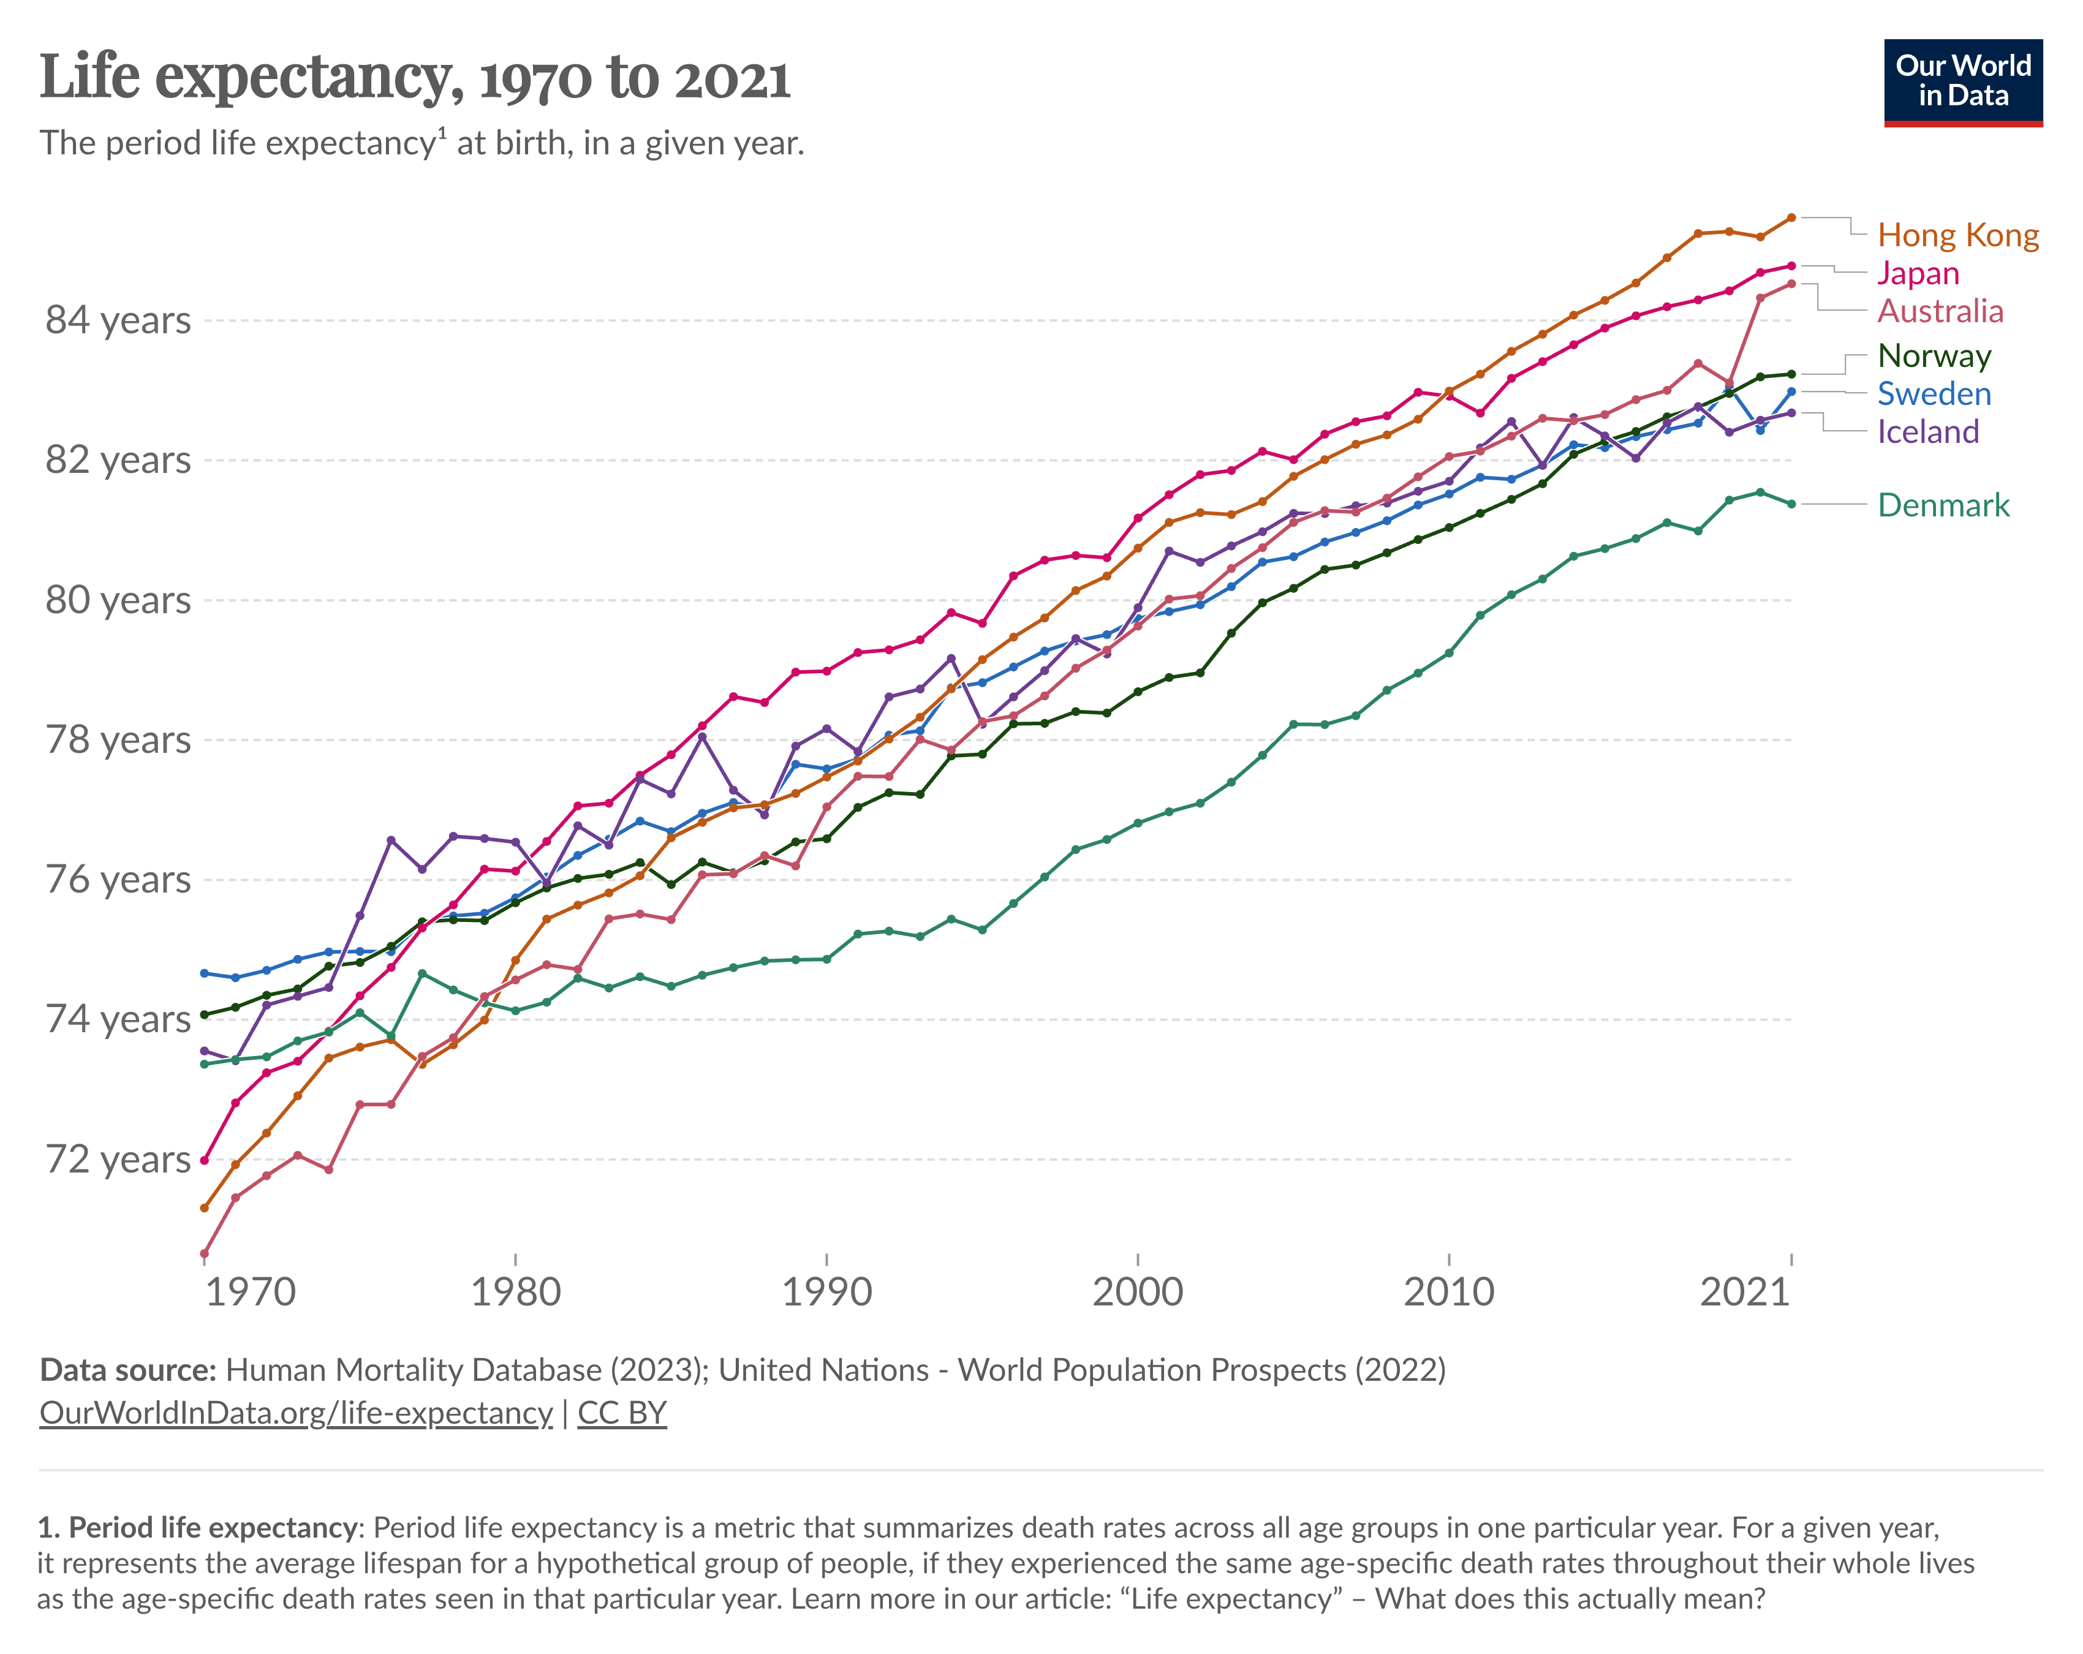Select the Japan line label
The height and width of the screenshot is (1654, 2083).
[1918, 273]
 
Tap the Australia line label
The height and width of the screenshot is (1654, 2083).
[1940, 311]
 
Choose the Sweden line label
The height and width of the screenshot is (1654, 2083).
[1934, 393]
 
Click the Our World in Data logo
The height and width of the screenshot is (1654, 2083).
[1962, 82]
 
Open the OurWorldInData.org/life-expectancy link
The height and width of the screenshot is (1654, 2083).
[296, 1413]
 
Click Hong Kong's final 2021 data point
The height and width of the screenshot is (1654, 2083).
[1791, 217]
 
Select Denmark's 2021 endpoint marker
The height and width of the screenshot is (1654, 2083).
[1791, 504]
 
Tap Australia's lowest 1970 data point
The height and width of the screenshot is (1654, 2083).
[204, 1253]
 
